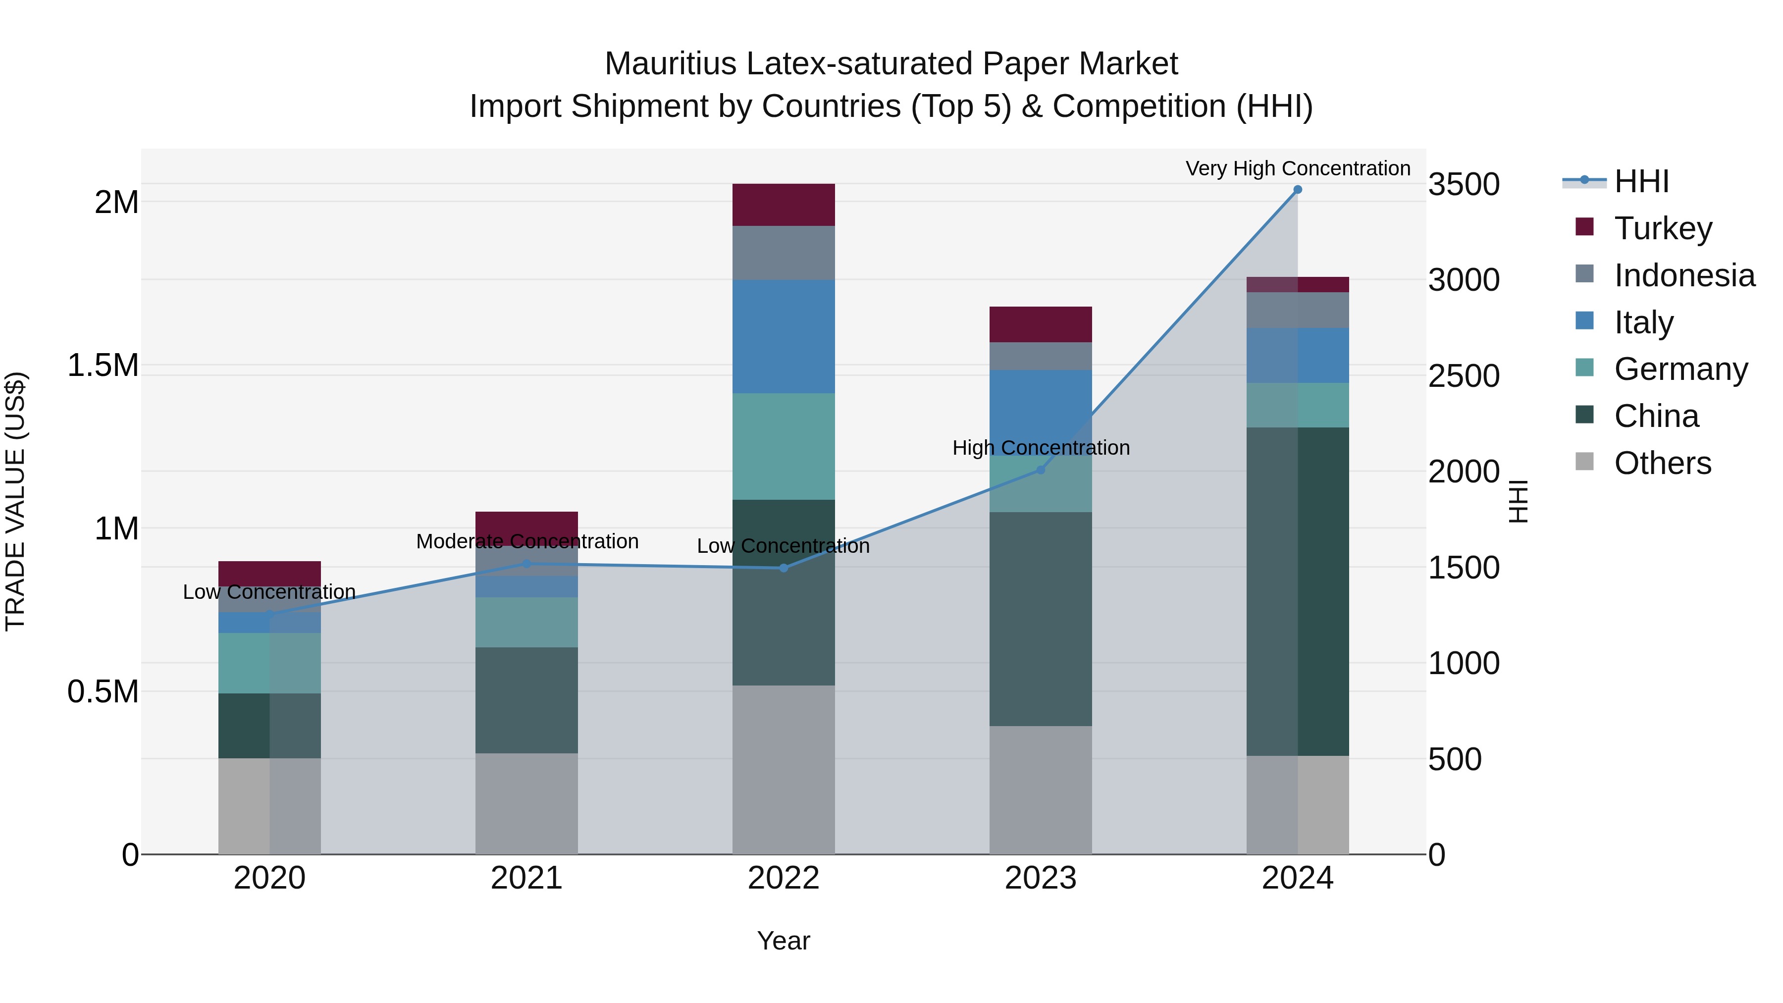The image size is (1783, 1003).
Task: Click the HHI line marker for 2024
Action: (1297, 190)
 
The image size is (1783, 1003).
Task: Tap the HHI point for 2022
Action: (784, 568)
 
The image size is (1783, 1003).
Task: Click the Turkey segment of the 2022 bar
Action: (784, 205)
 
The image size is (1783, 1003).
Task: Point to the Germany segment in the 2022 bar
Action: (784, 446)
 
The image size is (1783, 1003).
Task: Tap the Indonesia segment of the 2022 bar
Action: (784, 253)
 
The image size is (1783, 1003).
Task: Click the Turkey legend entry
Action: (1663, 228)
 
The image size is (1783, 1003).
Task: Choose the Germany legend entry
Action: (1680, 369)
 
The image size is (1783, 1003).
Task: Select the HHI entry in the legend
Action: (1641, 181)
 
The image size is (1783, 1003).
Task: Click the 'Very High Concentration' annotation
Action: (1298, 168)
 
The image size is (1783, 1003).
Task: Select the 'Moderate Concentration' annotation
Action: (527, 541)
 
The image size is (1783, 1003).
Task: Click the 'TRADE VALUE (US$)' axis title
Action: (15, 501)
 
